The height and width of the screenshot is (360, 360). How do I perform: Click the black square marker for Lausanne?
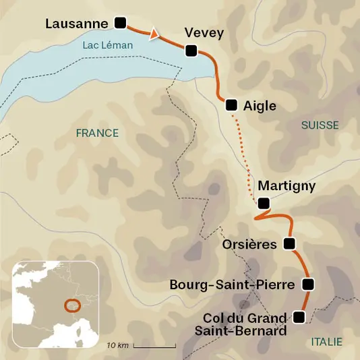[121, 23]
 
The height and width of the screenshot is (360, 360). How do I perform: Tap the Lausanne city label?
[76, 24]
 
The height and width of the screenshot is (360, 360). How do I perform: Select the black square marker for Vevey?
[191, 50]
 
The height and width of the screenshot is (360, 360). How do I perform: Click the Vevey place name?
[204, 33]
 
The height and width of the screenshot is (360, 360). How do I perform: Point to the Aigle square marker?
[231, 104]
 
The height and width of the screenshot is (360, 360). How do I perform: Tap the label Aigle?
[260, 106]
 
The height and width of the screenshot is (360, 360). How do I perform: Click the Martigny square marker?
[264, 203]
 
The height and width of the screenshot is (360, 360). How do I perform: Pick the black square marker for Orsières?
[290, 243]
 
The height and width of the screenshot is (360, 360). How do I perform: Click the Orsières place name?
[249, 244]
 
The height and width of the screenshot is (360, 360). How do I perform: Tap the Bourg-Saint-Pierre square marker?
[308, 284]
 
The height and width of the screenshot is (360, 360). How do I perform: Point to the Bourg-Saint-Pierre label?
[232, 284]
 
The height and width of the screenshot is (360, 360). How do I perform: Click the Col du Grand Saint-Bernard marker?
[299, 316]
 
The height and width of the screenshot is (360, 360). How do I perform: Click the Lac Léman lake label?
[107, 45]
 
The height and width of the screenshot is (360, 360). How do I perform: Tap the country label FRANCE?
[97, 133]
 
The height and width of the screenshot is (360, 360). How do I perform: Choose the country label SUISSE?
[320, 125]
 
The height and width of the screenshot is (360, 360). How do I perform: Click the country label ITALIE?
[326, 342]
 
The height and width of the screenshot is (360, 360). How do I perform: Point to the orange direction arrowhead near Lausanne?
[154, 32]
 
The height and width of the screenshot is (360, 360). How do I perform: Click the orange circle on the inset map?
[71, 305]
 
